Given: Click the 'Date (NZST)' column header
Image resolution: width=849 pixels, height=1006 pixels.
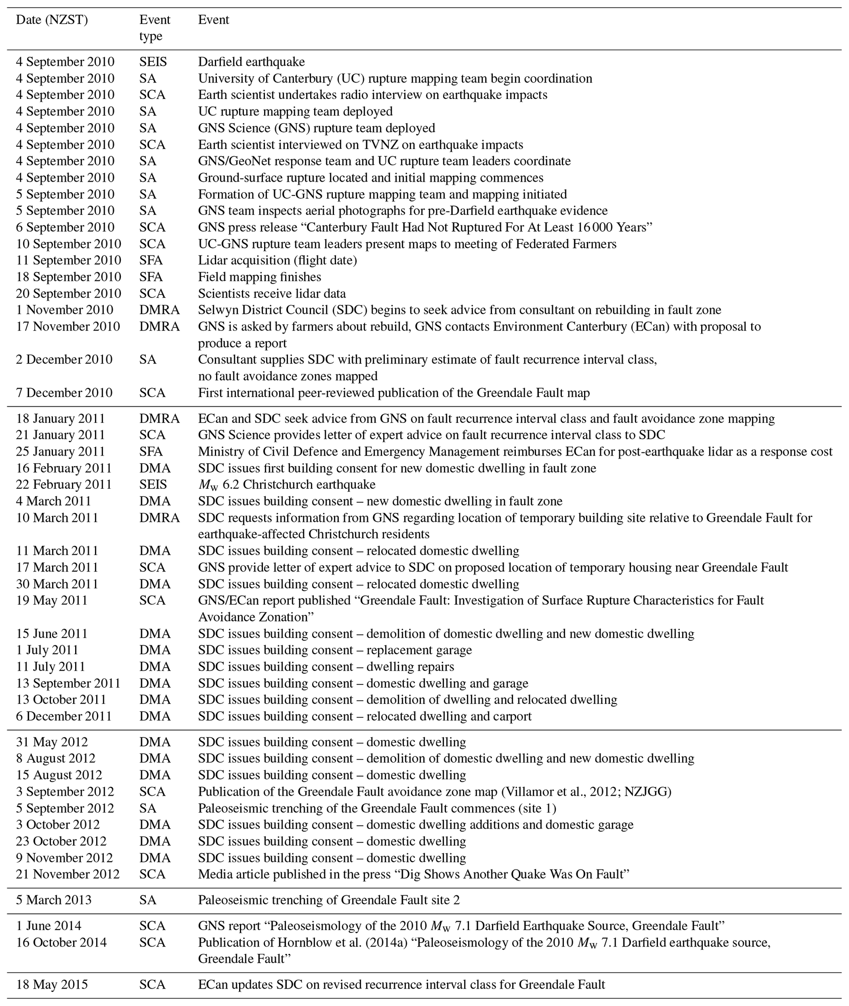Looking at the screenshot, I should point(52,20).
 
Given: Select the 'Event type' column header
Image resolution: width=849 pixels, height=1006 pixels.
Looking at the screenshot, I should point(154,28).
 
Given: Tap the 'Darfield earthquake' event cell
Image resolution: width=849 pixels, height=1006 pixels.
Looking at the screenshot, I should point(251,62).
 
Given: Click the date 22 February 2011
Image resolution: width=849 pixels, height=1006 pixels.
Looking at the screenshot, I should point(64,485).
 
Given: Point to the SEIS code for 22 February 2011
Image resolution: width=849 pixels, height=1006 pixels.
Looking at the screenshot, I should point(153,485).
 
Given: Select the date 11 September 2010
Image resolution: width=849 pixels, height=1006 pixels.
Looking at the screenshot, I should point(68,260).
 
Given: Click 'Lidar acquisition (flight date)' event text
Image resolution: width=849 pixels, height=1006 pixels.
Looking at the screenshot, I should point(277,260).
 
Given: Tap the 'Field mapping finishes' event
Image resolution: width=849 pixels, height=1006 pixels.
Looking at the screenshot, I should point(260,277).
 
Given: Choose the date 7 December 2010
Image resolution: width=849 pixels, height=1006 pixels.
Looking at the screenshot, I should point(64,393).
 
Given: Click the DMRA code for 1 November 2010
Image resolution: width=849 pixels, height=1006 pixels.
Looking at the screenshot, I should point(159,310).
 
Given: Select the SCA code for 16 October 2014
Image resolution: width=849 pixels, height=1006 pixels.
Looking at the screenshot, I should point(152,942).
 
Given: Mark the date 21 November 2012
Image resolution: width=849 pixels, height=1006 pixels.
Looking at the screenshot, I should point(67,874).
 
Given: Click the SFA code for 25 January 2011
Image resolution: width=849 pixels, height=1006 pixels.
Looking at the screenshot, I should point(151,452).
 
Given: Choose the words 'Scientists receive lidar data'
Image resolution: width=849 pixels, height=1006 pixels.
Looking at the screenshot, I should point(272,294).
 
